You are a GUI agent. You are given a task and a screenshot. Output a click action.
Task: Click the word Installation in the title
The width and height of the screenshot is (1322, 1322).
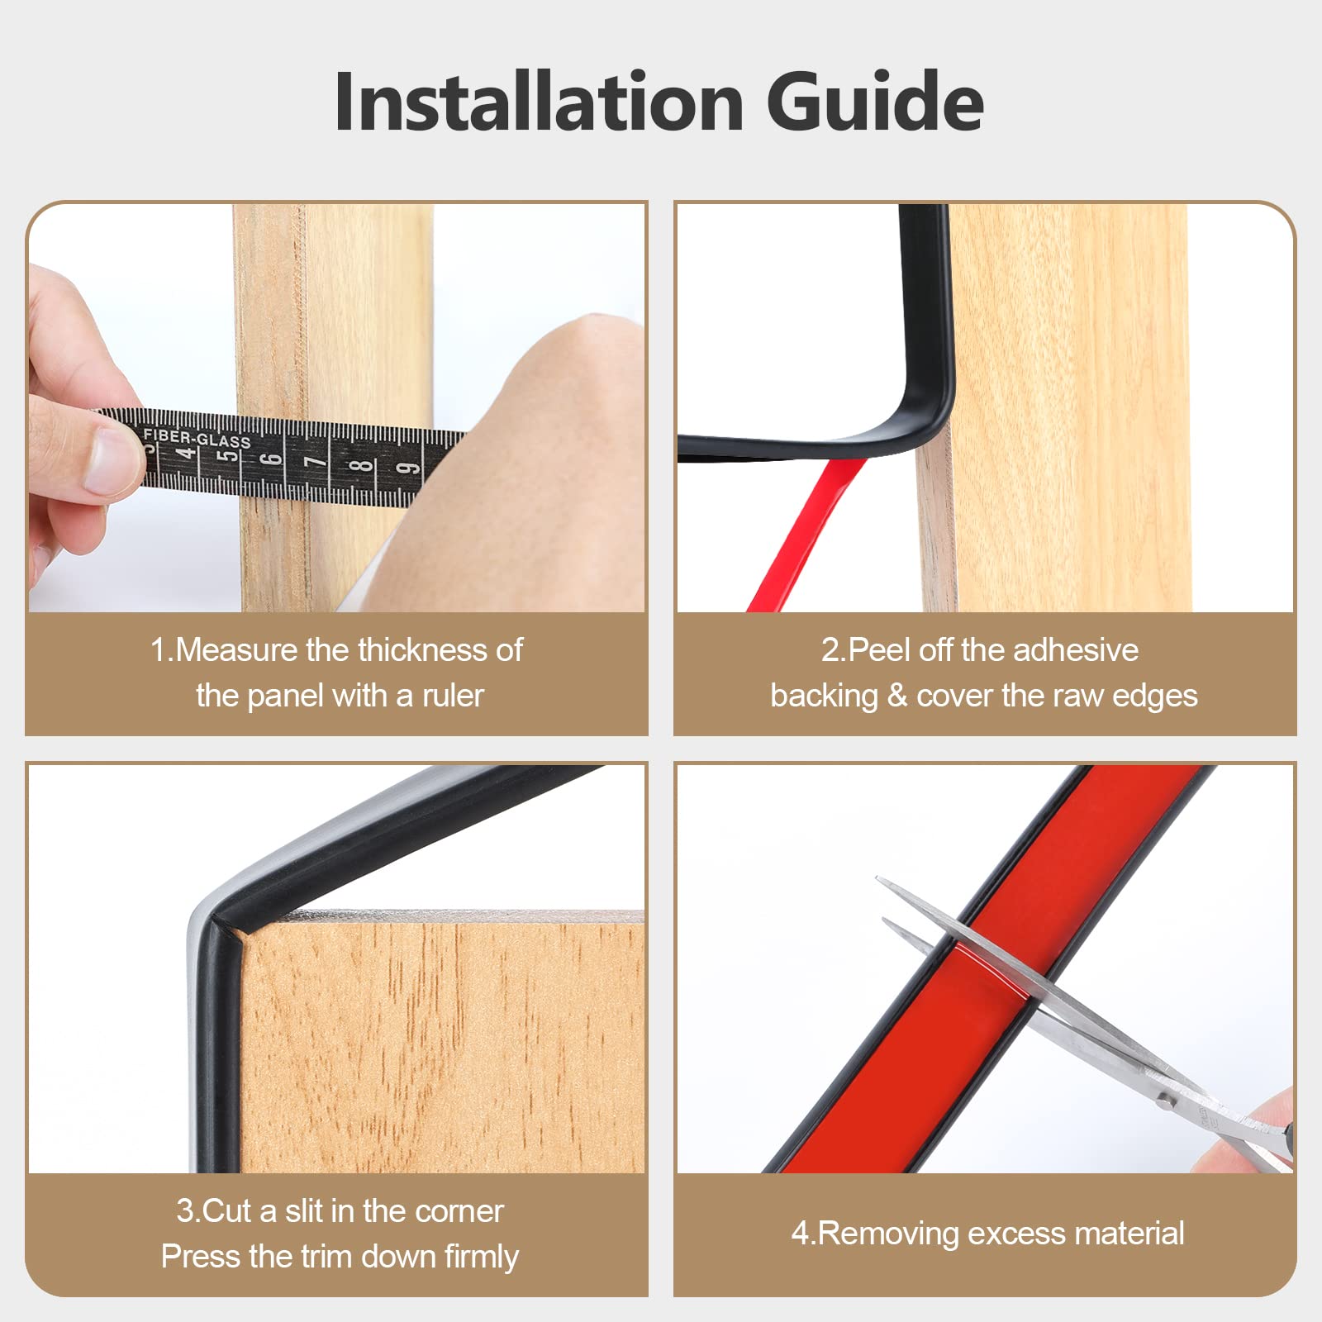pos(540,102)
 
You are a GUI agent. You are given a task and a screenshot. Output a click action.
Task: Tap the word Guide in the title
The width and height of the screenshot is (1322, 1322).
pos(875,102)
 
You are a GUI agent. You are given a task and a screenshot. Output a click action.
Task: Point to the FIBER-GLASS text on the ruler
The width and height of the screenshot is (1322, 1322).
pos(197,438)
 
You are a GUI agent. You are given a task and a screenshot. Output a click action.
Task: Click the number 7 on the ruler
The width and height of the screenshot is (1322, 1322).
pos(315,461)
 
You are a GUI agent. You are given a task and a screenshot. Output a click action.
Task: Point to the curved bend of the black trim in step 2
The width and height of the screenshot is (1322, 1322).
pos(925,421)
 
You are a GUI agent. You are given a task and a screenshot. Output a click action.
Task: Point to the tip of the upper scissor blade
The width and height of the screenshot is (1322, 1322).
pos(877,880)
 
